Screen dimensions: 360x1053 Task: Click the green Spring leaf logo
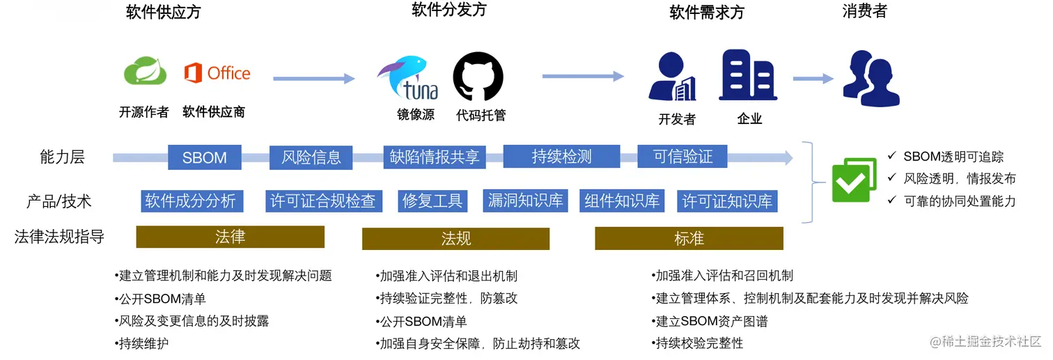click(146, 72)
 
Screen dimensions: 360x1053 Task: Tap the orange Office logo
click(217, 73)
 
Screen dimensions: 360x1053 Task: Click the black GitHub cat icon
click(478, 77)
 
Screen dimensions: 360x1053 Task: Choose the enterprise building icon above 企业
click(747, 75)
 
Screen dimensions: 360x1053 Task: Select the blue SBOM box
click(205, 157)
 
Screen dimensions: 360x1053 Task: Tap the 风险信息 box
click(311, 157)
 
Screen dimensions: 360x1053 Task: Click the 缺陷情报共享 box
click(434, 157)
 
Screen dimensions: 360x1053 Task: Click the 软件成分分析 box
click(190, 201)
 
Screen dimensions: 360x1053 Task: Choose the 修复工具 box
click(432, 201)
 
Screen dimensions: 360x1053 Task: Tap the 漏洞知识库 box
click(526, 201)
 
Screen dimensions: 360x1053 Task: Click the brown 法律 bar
click(230, 237)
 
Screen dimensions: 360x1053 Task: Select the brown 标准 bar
click(689, 239)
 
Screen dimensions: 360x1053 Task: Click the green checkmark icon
click(854, 180)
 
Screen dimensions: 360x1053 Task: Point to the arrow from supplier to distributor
click(313, 79)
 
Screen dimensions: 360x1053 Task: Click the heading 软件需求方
click(706, 13)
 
